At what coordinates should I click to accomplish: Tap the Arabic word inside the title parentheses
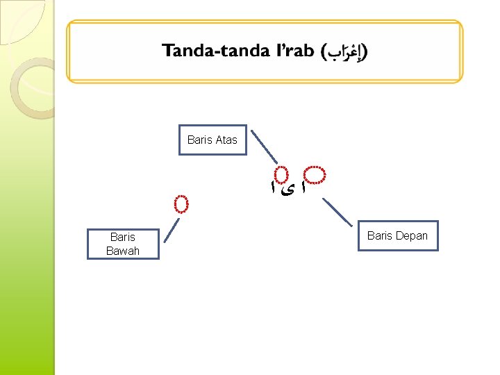[345, 52]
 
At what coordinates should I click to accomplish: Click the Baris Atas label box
[212, 140]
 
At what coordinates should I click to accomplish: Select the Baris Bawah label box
[123, 244]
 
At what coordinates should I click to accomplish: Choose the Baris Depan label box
[397, 235]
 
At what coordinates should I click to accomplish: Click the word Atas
[226, 140]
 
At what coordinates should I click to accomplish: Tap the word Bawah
[123, 251]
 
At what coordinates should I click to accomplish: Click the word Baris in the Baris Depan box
[379, 235]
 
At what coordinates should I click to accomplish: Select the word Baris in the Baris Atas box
[199, 140]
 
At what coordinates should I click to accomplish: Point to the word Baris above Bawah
[123, 237]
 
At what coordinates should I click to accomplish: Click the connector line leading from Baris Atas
[264, 147]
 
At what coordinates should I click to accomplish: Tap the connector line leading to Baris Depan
[338, 212]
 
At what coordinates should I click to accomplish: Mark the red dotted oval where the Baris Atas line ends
[281, 175]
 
